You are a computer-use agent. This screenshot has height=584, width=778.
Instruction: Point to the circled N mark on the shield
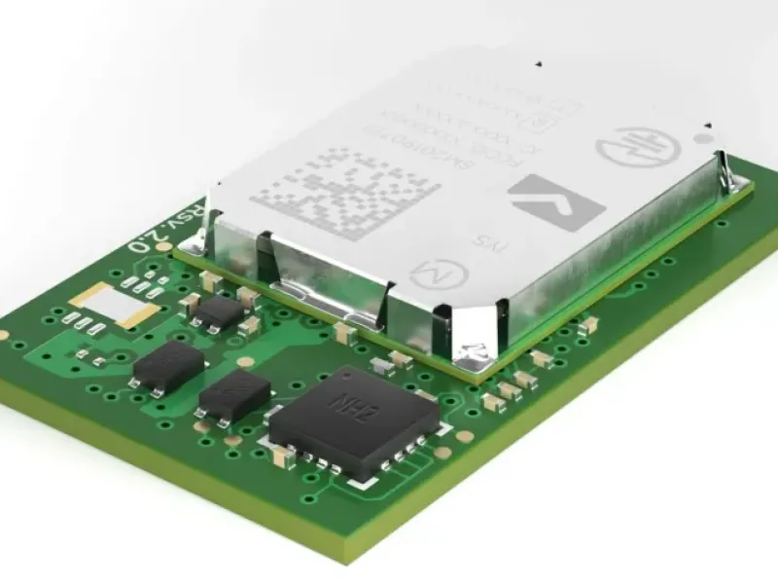[x=427, y=277]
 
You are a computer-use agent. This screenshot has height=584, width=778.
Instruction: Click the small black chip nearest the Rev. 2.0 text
[x=221, y=310]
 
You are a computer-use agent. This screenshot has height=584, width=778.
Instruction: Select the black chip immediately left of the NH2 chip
[x=234, y=394]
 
